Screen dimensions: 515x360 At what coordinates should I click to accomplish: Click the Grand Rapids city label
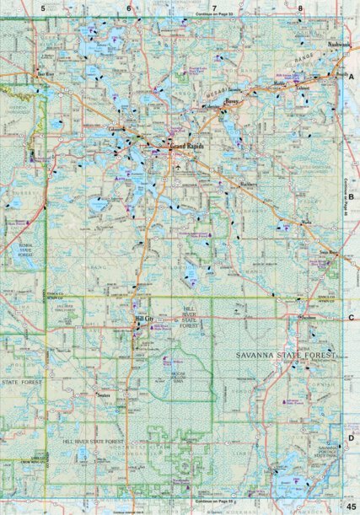pos(188,146)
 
